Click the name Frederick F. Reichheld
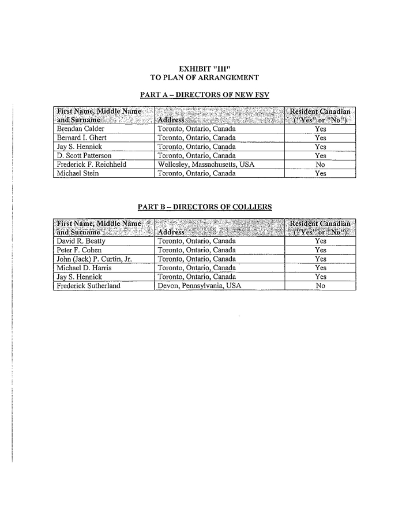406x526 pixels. [91, 164]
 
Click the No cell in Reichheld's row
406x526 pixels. [321, 164]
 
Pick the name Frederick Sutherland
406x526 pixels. [88, 285]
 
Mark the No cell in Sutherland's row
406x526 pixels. [321, 285]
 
